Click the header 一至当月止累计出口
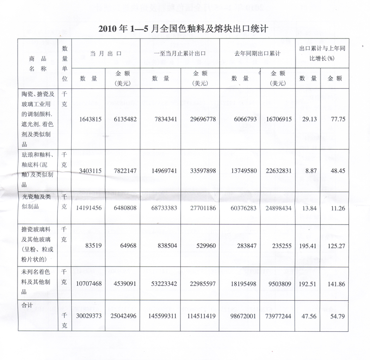(180, 54)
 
